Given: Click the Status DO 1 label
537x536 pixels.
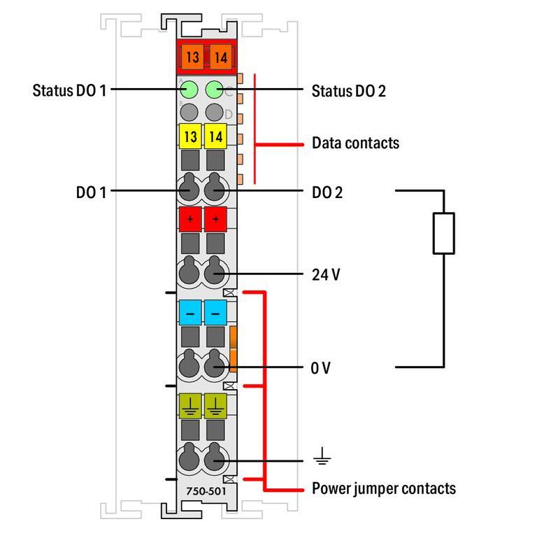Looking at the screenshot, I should pyautogui.click(x=69, y=90).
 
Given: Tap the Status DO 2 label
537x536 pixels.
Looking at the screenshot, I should pyautogui.click(x=348, y=91).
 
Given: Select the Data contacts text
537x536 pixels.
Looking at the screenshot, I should pyautogui.click(x=355, y=143).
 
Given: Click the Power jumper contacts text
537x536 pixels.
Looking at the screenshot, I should pyautogui.click(x=383, y=488).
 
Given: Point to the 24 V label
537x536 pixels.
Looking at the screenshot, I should pyautogui.click(x=326, y=274).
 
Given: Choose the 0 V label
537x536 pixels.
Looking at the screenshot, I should pyautogui.click(x=321, y=367).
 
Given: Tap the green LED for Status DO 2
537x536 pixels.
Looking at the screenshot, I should pyautogui.click(x=215, y=90).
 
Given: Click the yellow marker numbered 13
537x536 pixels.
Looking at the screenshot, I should pyautogui.click(x=191, y=136).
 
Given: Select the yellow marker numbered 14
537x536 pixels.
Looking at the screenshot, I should pyautogui.click(x=215, y=136).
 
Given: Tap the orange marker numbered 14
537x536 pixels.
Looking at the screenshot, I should pyautogui.click(x=220, y=57).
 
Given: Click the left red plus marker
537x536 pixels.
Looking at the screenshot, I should pyautogui.click(x=190, y=219).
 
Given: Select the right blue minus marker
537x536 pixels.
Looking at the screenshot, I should pyautogui.click(x=215, y=313).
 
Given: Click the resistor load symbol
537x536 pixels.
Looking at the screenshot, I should pyautogui.click(x=444, y=233).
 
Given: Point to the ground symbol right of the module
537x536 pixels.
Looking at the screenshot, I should pyautogui.click(x=322, y=460).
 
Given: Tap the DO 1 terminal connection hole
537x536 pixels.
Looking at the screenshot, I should pyautogui.click(x=189, y=190).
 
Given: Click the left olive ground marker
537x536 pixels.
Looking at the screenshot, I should pyautogui.click(x=190, y=406).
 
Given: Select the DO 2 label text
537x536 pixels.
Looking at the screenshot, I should pyautogui.click(x=327, y=192).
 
